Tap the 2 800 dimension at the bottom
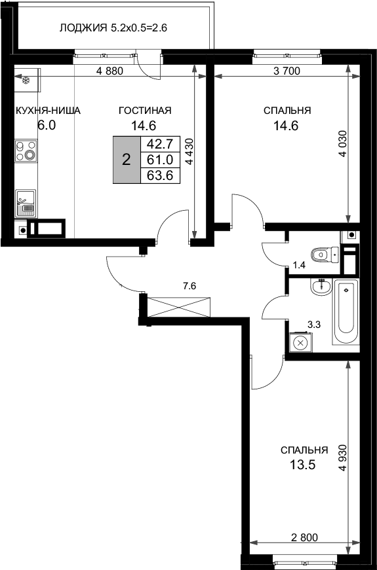(304, 538)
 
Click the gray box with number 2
(126, 160)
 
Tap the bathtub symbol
(346, 312)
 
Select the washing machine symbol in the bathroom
(300, 342)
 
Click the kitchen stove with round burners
(27, 152)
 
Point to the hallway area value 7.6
(189, 285)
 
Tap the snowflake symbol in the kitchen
(27, 80)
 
